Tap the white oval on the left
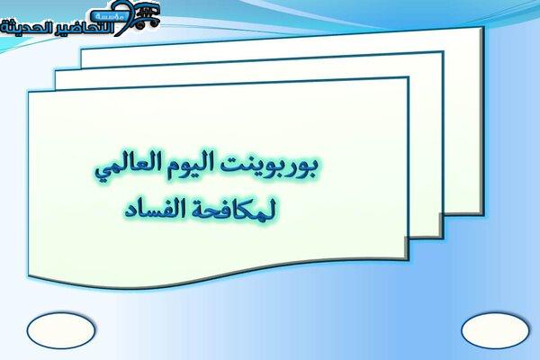61,330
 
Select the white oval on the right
495,330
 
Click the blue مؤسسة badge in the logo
107,16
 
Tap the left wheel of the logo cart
140,25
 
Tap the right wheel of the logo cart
154,23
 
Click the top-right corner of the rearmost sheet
483,27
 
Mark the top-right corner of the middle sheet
443,51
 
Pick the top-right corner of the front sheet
409,77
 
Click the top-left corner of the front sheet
29,92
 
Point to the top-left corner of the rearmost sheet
81,49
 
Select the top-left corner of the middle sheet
55,71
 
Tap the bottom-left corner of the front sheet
29,275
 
